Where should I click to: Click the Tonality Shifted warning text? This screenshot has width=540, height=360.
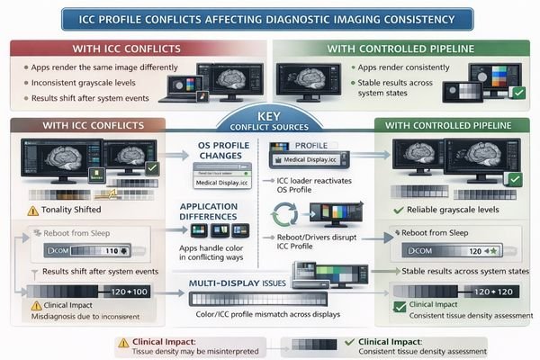71,210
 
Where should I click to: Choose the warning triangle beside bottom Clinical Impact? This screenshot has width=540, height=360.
124,342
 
